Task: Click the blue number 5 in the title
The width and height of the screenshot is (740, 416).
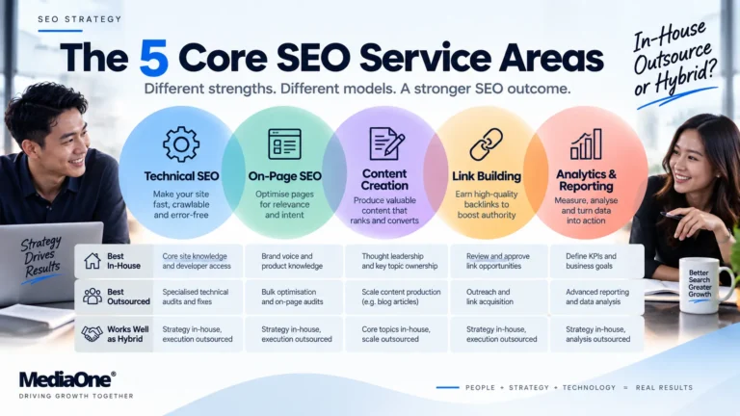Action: coord(154,58)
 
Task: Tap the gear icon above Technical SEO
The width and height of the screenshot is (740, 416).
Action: coord(181,144)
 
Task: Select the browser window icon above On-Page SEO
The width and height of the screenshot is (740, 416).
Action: coord(284,143)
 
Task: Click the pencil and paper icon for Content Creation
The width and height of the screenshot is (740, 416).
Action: coord(387,143)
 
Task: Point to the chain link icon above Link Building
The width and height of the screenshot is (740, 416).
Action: coord(486,143)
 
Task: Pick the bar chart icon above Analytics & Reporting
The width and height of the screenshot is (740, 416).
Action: coord(586,143)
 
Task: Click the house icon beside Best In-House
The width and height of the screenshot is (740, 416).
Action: coord(92,261)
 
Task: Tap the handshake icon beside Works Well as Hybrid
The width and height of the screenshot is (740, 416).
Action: coord(92,334)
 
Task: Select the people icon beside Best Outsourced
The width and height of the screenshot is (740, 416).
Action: coord(92,297)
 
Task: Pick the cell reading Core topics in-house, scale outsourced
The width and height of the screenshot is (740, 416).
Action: coord(396,334)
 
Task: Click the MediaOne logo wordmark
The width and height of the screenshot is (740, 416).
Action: coord(67,379)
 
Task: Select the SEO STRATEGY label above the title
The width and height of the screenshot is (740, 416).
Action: coord(80,19)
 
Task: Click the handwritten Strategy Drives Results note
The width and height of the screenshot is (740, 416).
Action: coord(41,258)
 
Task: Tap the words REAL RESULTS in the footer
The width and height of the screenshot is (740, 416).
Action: coord(664,388)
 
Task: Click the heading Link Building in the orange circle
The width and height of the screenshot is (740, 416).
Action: coord(487,176)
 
